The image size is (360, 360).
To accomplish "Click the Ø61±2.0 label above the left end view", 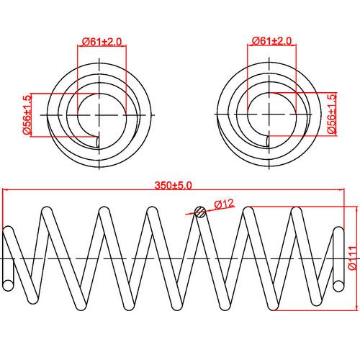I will pos(101,41).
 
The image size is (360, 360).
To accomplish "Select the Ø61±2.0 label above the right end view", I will pos(271,41).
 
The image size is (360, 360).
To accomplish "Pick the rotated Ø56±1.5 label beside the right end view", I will pos(332,115).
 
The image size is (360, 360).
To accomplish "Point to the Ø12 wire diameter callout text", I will pos(222,204).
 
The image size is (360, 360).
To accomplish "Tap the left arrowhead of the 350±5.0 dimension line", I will pos(6,191).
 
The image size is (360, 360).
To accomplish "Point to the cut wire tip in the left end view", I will pos(97,141).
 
